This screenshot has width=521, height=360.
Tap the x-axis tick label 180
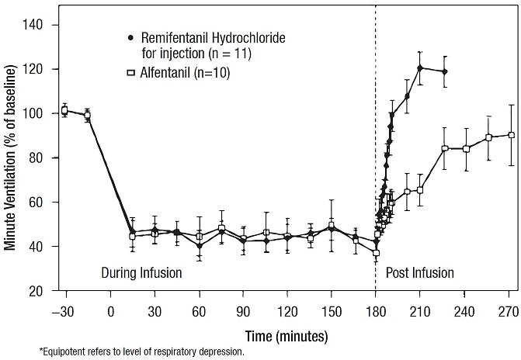click(376, 310)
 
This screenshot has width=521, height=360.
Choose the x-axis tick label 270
click(509, 310)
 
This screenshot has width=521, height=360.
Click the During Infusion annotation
click(141, 273)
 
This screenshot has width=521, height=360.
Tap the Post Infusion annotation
click(419, 273)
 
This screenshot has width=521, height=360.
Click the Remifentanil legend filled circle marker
click(131, 36)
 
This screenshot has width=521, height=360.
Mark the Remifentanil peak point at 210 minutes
click(420, 67)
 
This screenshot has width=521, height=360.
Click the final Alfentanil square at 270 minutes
click(511, 135)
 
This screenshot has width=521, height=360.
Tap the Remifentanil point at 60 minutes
click(200, 246)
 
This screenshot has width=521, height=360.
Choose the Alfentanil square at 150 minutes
click(332, 226)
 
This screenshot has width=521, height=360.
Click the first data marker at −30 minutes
click(65, 110)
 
